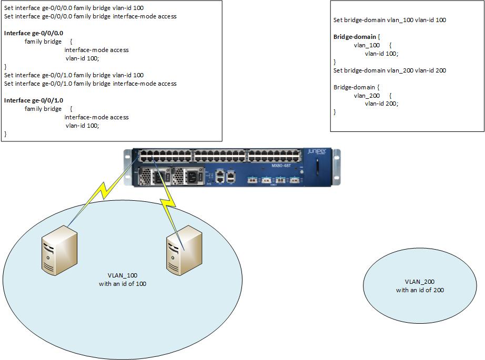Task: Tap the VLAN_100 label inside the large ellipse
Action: pos(122,275)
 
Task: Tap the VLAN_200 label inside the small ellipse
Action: pos(419,282)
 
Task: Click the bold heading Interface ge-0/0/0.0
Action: pos(34,33)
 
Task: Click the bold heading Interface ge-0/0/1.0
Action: pos(34,100)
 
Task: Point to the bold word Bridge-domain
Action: pos(355,37)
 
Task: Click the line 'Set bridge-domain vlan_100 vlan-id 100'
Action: pos(389,20)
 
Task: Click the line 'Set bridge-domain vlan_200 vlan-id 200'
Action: pos(389,70)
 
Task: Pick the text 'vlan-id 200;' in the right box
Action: pos(381,104)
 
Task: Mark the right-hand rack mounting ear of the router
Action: pos(337,167)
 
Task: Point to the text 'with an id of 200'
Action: pos(419,290)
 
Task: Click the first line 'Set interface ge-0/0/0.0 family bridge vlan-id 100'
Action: pos(74,8)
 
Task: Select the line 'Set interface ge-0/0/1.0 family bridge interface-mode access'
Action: pos(90,84)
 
